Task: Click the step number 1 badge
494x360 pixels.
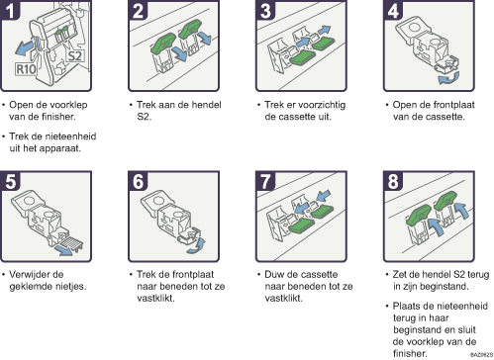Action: click(x=10, y=10)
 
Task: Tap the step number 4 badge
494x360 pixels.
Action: click(x=393, y=10)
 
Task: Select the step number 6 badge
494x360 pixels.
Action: click(x=138, y=181)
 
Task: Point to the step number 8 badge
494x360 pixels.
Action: click(x=393, y=181)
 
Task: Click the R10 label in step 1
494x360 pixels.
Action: click(x=26, y=69)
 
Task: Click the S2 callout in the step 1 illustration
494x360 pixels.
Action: click(x=75, y=56)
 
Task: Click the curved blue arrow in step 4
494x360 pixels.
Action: click(x=448, y=78)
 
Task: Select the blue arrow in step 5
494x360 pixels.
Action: click(x=63, y=250)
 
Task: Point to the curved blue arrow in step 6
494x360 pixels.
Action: click(x=197, y=246)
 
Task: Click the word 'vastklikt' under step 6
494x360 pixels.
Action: click(x=155, y=298)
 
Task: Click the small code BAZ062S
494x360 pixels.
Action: click(x=481, y=354)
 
